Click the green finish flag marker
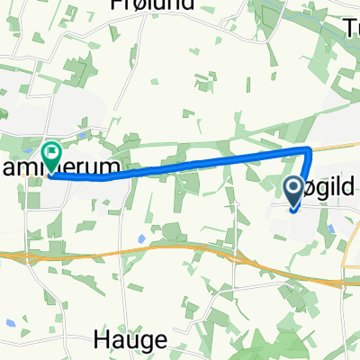click(50, 155)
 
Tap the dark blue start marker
click(294, 191)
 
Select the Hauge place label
click(130, 340)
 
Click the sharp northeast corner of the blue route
click(310, 148)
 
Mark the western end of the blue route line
click(51, 175)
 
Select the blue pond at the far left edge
click(8, 322)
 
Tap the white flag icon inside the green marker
click(50, 153)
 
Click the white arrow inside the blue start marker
click(294, 189)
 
